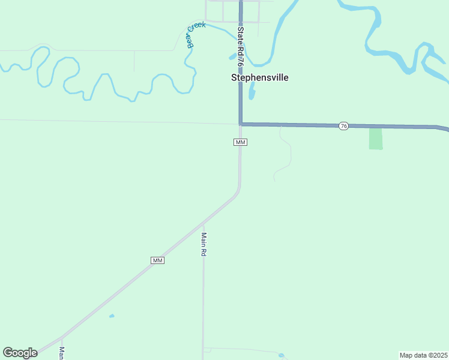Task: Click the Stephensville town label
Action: pyautogui.click(x=260, y=77)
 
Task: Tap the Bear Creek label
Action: pyautogui.click(x=195, y=35)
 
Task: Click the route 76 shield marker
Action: pyautogui.click(x=343, y=126)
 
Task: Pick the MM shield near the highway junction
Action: pyautogui.click(x=241, y=142)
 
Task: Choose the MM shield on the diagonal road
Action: pyautogui.click(x=157, y=260)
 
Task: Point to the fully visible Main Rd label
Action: pyautogui.click(x=204, y=245)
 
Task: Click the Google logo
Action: pyautogui.click(x=20, y=353)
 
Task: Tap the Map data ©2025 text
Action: pyautogui.click(x=423, y=355)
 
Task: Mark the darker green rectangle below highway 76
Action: pyautogui.click(x=375, y=139)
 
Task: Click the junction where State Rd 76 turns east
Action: pyautogui.click(x=241, y=124)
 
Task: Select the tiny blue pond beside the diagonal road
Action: pyautogui.click(x=112, y=316)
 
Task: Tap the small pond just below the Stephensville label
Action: pyautogui.click(x=252, y=91)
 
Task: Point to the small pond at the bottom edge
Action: pyautogui.click(x=282, y=355)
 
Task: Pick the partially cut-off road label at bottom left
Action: pyautogui.click(x=62, y=353)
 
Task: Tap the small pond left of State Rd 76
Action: pyautogui.click(x=233, y=56)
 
